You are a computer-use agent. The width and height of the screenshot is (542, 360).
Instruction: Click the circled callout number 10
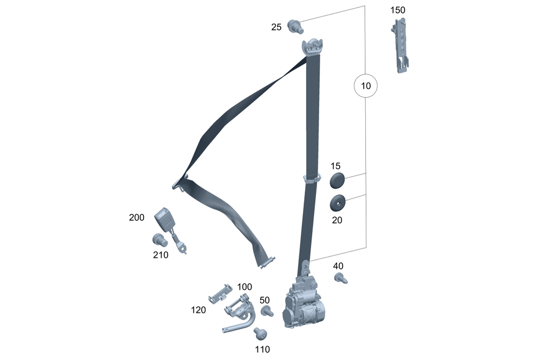pos(366,86)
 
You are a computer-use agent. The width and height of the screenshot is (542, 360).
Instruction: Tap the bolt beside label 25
pos(295,27)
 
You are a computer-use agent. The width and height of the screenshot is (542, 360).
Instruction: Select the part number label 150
pos(398,10)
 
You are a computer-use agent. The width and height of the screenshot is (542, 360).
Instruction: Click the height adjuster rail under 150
pos(401,46)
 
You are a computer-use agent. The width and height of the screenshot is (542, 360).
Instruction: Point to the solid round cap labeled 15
pos(337,180)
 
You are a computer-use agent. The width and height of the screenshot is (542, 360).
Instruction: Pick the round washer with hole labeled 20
pos(338,203)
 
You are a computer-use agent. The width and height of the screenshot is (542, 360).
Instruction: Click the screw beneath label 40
pos(341,278)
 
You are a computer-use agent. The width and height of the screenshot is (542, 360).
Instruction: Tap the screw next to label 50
pos(267,311)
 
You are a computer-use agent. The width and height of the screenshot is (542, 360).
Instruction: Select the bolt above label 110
pos(260,334)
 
